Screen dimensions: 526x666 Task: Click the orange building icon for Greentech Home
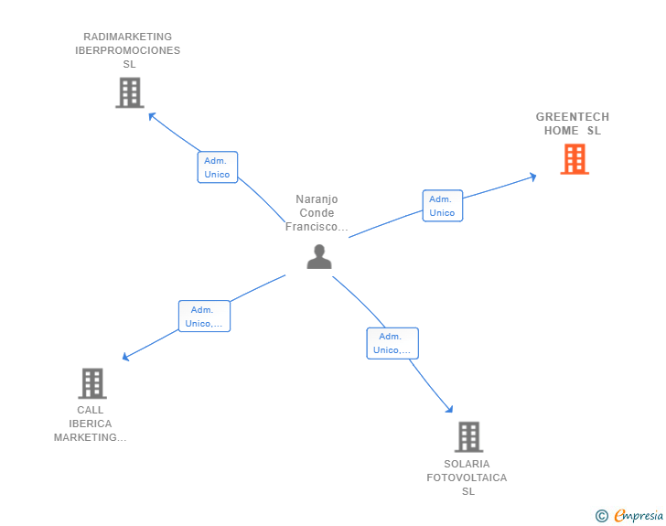575,159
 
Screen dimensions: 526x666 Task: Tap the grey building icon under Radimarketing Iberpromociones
130,92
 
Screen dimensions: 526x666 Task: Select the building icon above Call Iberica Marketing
92,383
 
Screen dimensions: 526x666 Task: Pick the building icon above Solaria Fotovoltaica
468,437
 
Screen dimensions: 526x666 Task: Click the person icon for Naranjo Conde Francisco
319,257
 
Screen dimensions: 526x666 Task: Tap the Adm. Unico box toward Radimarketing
217,167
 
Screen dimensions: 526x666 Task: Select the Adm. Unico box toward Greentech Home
442,206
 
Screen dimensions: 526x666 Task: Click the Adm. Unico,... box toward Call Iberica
204,317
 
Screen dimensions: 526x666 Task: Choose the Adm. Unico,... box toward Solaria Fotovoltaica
392,343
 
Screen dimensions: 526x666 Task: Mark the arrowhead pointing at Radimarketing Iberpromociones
152,116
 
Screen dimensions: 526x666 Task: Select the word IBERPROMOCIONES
128,51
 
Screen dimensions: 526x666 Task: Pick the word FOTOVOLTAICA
467,478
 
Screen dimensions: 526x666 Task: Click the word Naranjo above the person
317,199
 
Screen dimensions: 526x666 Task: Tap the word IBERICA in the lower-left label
91,424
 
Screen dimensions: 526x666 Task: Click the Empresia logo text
639,516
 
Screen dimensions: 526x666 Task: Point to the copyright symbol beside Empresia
602,516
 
